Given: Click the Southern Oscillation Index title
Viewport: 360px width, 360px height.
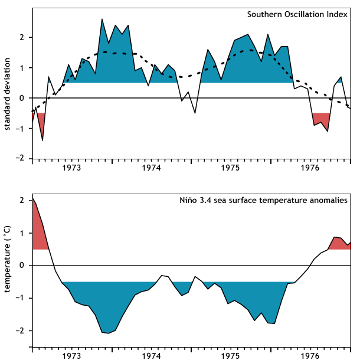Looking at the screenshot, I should click(x=297, y=15).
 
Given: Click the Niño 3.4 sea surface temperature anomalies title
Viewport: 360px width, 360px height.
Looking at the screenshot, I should click(x=263, y=200).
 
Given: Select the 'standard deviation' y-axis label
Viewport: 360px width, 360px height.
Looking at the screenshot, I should click(x=8, y=94).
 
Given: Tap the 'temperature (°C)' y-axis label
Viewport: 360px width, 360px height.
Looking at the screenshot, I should click(x=8, y=260).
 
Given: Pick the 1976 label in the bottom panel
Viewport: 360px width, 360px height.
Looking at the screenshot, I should click(x=310, y=356).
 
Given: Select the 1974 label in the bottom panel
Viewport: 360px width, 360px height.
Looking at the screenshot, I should click(x=151, y=356).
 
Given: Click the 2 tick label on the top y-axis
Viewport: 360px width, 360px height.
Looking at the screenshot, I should click(x=21, y=37).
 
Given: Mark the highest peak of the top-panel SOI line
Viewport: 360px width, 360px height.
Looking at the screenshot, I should click(x=102, y=19).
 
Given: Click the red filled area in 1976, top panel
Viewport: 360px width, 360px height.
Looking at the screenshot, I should click(x=321, y=119).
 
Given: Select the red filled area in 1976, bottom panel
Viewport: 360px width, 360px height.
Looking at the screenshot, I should click(x=339, y=243).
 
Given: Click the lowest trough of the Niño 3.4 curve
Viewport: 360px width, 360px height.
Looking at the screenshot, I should click(x=109, y=333).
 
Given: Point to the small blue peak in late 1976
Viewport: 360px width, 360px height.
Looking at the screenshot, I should click(x=341, y=80).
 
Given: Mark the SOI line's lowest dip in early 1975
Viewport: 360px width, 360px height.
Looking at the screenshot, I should click(x=195, y=113).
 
